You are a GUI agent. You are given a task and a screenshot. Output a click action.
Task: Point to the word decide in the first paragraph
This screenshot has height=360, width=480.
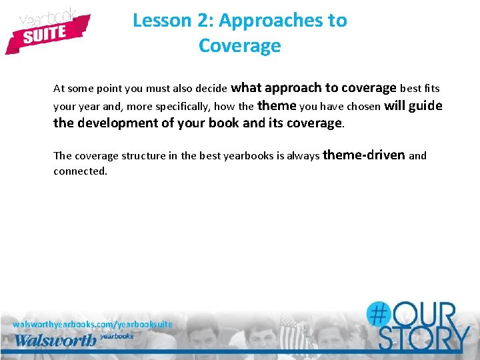coord(211,88)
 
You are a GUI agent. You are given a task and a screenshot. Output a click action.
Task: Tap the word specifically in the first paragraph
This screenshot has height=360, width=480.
coord(181,106)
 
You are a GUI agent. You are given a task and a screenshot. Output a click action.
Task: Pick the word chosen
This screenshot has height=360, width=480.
coord(364,106)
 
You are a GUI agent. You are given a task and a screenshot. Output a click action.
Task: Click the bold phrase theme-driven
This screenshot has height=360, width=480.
coord(364,155)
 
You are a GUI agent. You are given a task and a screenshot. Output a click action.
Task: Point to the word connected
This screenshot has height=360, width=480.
coord(80,171)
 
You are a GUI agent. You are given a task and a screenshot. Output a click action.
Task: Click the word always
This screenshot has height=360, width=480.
coord(303,156)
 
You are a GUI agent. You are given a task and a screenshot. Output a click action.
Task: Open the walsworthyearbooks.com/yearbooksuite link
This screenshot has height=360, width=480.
coord(93,324)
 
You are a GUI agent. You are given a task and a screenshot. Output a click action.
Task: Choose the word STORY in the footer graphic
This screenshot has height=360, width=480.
coord(423,339)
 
